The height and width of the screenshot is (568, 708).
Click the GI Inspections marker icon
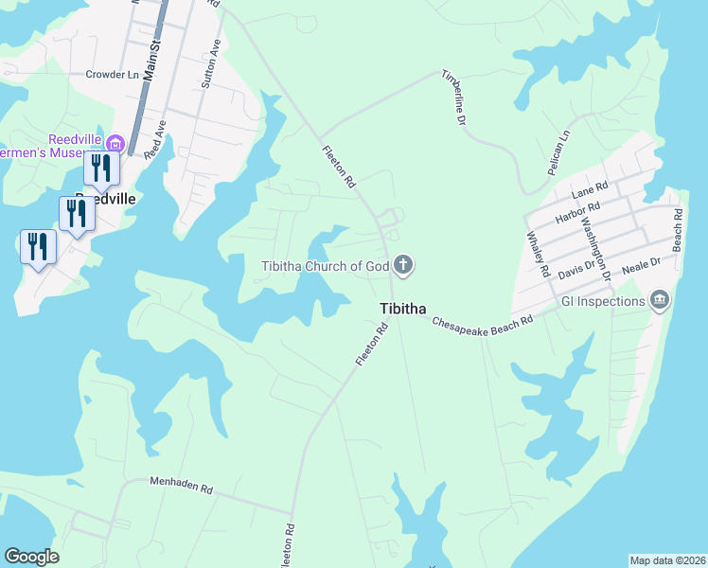[x=660, y=302]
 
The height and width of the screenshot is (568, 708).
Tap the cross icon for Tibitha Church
[x=403, y=265]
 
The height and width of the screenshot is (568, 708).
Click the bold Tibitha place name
[x=402, y=309]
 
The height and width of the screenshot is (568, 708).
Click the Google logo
[x=31, y=557]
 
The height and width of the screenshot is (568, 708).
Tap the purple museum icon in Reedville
[x=116, y=144]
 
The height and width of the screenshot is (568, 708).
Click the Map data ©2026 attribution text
[x=668, y=559]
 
